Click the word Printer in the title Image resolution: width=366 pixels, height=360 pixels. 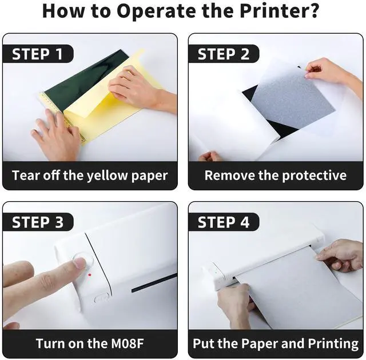(276, 11)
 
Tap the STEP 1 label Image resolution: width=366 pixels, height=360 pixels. (37, 54)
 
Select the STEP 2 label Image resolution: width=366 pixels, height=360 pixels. (224, 54)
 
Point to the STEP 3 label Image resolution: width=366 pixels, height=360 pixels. (38, 222)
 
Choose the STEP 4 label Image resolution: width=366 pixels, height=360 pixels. (224, 222)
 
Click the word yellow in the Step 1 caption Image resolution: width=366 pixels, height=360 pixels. (108, 176)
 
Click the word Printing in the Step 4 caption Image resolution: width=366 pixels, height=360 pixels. (333, 344)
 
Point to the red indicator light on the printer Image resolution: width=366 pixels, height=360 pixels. (90, 275)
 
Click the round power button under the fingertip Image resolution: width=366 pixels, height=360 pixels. (83, 261)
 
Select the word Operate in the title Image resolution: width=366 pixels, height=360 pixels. (156, 11)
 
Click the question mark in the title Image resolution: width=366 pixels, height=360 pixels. (315, 10)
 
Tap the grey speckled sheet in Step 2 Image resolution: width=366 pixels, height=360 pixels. (293, 100)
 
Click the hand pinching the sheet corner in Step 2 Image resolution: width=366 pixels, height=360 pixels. (332, 72)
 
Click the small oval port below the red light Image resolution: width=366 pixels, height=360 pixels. (102, 298)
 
